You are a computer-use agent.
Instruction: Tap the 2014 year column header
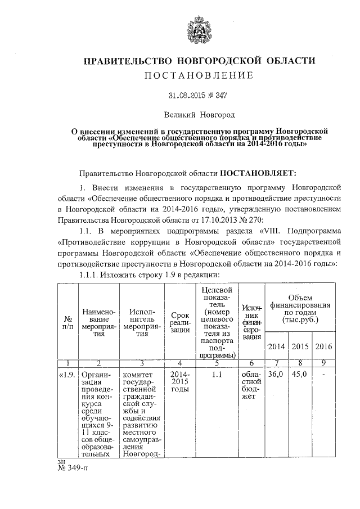(x=277, y=346)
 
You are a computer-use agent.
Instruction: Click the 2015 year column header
(x=301, y=346)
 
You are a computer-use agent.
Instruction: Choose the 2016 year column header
(x=324, y=346)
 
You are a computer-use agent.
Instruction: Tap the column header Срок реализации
(x=180, y=322)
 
